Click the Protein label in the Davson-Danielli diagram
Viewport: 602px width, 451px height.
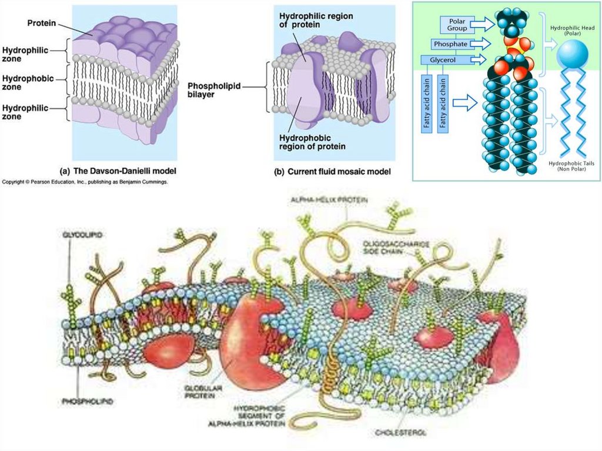coord(41,23)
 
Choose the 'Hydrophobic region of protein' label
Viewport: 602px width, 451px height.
coord(312,142)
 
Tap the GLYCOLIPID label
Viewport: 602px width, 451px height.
coord(82,235)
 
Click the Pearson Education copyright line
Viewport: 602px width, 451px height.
coord(85,183)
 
